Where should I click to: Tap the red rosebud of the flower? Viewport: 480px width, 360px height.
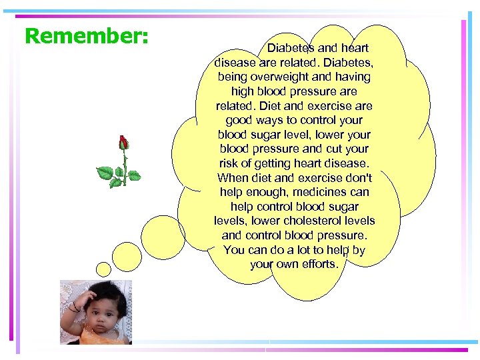123,143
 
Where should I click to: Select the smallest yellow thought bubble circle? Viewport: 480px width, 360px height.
103,269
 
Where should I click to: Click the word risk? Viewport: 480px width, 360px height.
229,163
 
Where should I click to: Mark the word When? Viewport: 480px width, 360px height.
233,178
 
